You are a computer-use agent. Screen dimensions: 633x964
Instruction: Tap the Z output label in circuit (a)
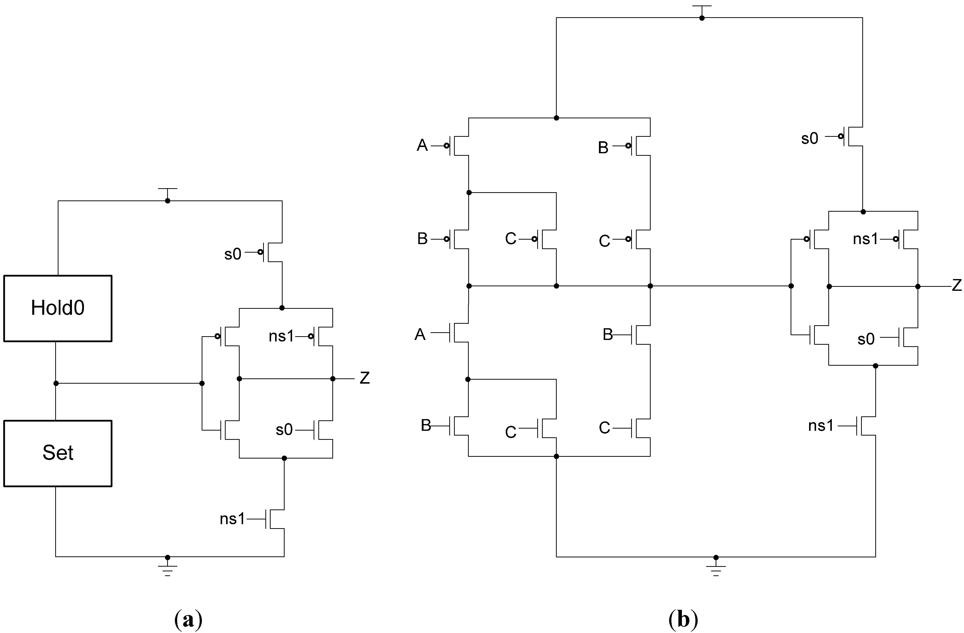pos(365,378)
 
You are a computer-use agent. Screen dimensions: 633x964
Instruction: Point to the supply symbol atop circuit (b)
pos(702,7)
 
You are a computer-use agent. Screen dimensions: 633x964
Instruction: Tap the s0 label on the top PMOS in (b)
pos(810,139)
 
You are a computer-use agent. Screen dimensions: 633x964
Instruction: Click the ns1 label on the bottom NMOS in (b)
pos(821,426)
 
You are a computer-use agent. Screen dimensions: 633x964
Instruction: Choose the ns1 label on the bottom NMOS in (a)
pos(232,519)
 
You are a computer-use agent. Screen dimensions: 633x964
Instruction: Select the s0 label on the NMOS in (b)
pos(866,339)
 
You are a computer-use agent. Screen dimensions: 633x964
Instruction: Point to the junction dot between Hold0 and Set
pos(56,383)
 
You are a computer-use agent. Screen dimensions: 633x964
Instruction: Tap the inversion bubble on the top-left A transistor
pos(446,145)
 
